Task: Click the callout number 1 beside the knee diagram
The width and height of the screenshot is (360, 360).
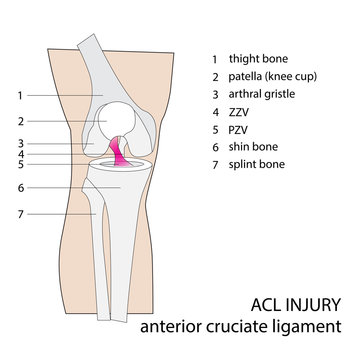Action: pos(19,96)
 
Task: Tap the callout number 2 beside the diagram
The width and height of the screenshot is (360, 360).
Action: pos(19,122)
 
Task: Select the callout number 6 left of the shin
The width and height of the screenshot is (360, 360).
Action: pos(19,187)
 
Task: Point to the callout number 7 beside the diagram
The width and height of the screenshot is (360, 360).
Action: pos(19,213)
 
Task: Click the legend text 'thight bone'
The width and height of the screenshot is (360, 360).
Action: pos(257,59)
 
